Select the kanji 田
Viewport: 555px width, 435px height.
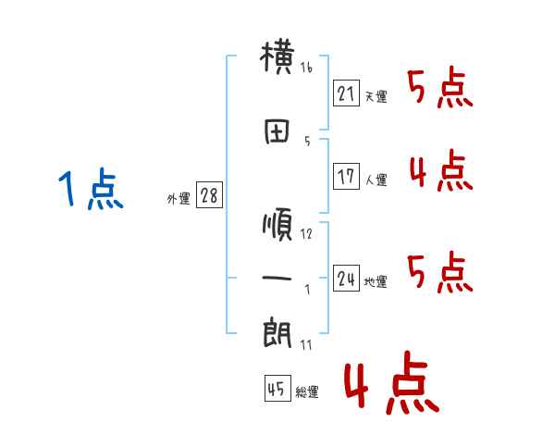coord(277,132)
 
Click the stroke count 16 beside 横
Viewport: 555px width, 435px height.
coord(306,68)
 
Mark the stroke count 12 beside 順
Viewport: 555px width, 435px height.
coord(306,233)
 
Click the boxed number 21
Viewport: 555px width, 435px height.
coord(346,93)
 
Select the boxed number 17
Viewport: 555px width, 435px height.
coord(346,177)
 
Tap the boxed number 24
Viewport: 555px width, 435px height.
coord(346,279)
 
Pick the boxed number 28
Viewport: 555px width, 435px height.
coord(209,197)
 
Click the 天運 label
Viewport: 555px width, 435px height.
coord(376,95)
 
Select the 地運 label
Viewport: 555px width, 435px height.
coord(376,282)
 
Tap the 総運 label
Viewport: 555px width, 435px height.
coord(307,392)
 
